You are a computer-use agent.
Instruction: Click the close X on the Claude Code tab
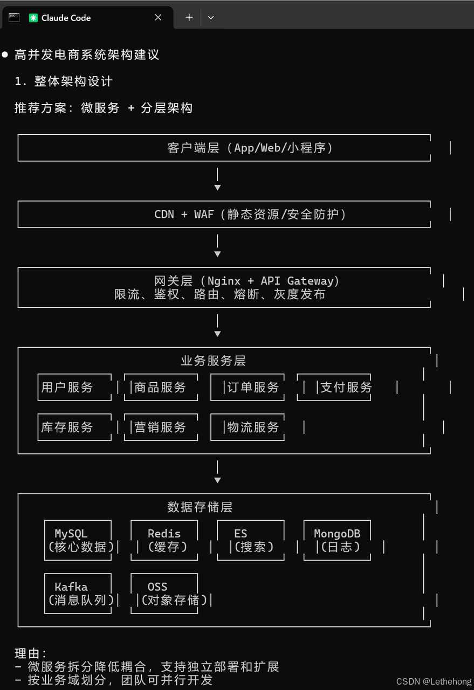[x=158, y=18]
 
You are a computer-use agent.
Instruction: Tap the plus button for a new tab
[x=189, y=18]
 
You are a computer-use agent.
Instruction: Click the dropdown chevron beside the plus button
[x=211, y=18]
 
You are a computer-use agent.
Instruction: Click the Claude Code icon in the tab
[x=33, y=18]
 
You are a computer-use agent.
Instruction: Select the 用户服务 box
[x=74, y=387]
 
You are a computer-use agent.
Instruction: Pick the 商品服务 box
[x=161, y=387]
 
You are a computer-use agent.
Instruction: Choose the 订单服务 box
[x=248, y=387]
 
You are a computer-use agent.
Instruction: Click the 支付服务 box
[x=334, y=387]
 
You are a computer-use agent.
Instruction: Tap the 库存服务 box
[x=74, y=427]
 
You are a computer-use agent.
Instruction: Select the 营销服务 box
[x=161, y=427]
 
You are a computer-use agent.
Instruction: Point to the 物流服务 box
[x=248, y=427]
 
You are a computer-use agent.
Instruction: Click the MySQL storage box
[x=78, y=540]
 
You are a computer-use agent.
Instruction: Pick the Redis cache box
[x=164, y=540]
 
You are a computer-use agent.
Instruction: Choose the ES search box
[x=251, y=540]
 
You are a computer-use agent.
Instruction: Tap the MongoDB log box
[x=337, y=540]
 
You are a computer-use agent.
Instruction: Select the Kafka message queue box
[x=78, y=593]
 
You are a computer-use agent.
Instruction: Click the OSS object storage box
[x=164, y=593]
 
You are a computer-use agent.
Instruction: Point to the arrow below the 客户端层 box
[x=217, y=180]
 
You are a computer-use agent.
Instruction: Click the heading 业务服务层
[x=214, y=361]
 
